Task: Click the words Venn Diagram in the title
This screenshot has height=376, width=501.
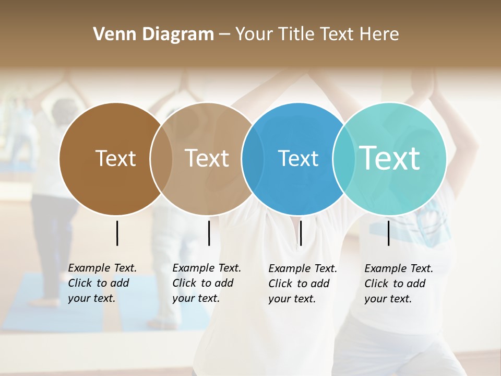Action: point(153,34)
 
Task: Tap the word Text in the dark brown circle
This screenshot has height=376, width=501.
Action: point(115,158)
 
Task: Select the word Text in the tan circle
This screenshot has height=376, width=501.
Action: point(207,158)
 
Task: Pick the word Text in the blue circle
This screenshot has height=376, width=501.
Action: point(298,158)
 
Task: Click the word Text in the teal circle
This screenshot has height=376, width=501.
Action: point(389,158)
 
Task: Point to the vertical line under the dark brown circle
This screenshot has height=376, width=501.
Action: point(117,233)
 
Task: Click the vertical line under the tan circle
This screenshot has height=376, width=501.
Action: point(209,233)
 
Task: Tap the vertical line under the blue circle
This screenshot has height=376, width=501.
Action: point(301,233)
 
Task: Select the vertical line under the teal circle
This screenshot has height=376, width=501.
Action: point(388,233)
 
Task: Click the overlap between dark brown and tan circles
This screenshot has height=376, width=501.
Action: point(161,158)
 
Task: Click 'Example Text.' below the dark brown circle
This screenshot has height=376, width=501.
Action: point(102,268)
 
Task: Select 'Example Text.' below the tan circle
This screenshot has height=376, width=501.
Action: point(207,268)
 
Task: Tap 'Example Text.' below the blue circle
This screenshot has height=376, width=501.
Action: point(303,268)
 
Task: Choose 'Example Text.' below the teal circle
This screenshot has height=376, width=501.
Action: point(399,268)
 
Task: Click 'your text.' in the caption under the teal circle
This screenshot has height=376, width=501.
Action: point(388,299)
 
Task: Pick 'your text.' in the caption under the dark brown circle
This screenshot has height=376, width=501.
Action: point(91,298)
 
